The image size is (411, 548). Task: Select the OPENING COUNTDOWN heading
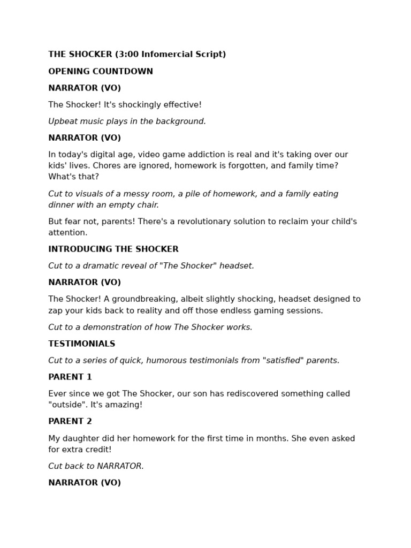(101, 72)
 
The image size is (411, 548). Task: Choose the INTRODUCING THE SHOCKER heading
(113, 249)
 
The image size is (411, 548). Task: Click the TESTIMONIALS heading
(82, 344)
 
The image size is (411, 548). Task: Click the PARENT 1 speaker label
(70, 377)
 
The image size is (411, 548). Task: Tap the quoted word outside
(67, 405)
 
